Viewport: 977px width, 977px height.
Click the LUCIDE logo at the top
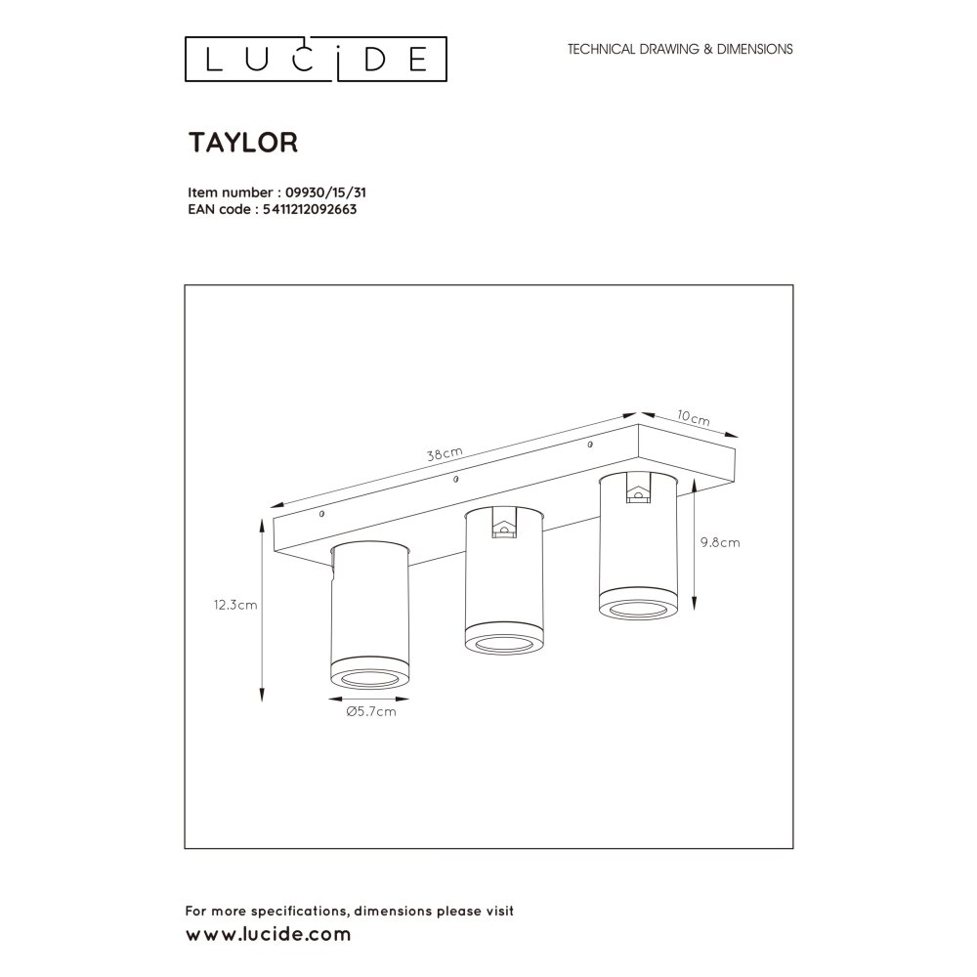pos(316,60)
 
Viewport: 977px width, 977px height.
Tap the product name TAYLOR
pos(243,143)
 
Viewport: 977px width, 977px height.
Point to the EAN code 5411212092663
pos(310,209)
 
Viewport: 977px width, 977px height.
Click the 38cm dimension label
pos(445,454)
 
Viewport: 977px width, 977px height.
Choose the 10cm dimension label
pos(694,418)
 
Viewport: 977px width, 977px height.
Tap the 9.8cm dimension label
pos(720,542)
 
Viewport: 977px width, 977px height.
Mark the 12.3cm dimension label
pos(235,605)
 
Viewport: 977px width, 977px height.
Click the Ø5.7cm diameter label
pos(371,711)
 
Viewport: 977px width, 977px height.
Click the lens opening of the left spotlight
pos(369,679)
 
